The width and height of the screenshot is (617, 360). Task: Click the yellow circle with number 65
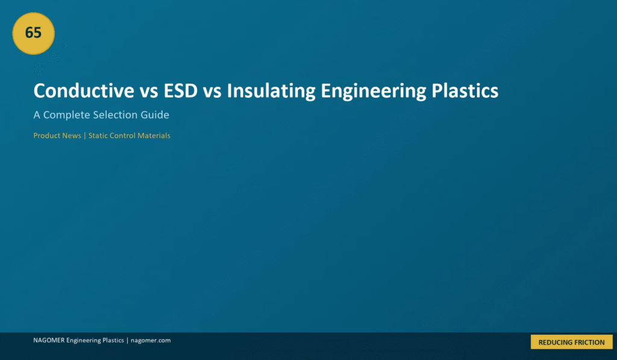34,34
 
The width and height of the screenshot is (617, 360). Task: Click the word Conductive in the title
84,90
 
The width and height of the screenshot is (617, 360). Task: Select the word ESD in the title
181,90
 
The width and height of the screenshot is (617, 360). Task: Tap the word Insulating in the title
271,92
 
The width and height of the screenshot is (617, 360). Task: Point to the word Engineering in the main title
374,92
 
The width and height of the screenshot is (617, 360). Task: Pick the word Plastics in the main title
465,90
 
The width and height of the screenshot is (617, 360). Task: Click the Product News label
57,136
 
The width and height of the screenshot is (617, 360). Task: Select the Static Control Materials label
130,136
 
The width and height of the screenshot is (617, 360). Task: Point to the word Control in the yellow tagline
122,136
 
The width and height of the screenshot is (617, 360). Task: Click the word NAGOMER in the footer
49,340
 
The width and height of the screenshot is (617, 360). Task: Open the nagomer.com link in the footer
151,341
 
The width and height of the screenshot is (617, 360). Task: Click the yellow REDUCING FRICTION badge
571,342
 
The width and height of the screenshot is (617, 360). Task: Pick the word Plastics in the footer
113,340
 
